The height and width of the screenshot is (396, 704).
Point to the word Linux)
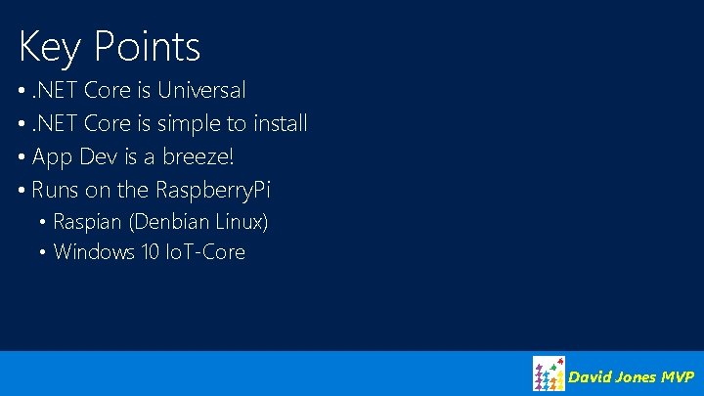point(241,222)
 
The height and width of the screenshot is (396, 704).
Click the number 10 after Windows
point(152,252)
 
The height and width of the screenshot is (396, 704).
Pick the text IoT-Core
point(208,252)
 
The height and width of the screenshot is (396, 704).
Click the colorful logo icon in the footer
point(548,374)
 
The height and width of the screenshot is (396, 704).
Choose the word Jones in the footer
point(637,376)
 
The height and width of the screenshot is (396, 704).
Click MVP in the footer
point(678,376)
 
